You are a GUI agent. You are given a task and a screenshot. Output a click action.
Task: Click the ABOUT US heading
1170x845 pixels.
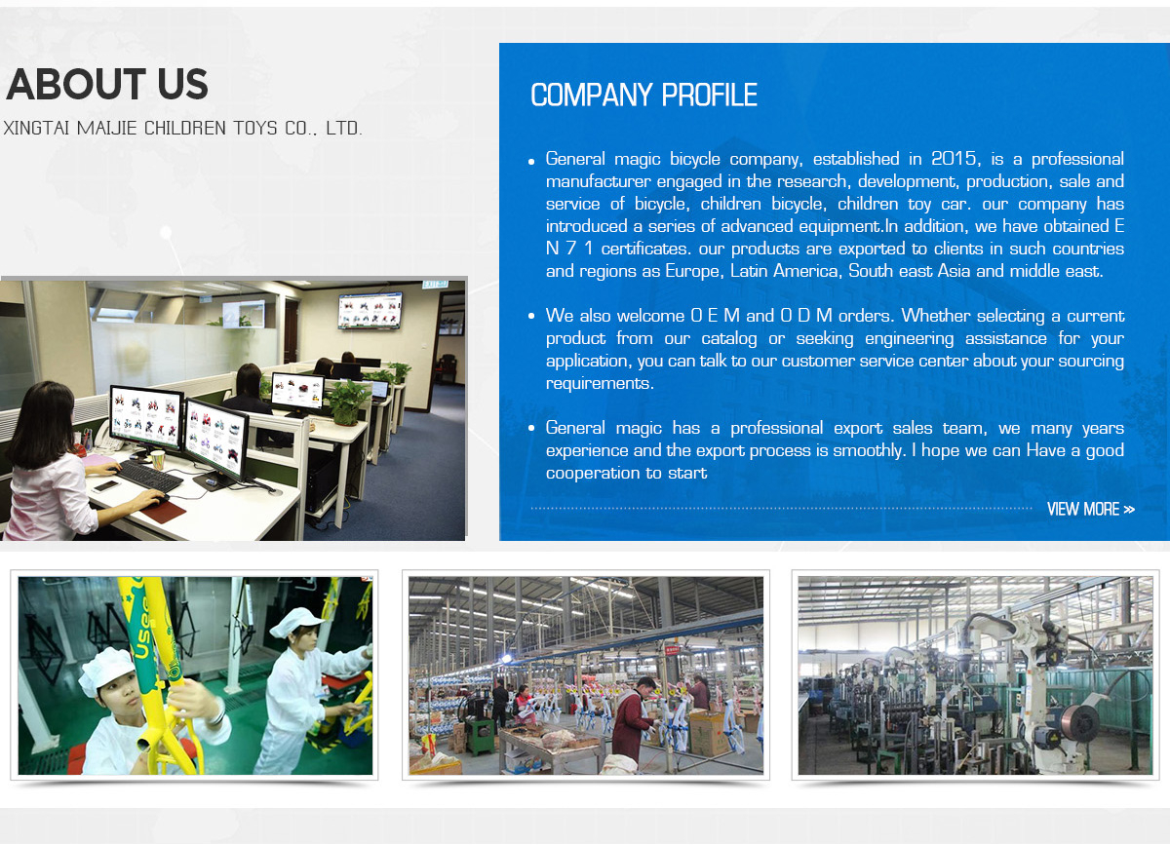click(107, 84)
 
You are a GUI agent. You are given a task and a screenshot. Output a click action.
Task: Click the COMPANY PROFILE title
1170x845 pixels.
click(643, 96)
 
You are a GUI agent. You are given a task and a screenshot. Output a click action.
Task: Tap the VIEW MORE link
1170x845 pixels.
click(1091, 509)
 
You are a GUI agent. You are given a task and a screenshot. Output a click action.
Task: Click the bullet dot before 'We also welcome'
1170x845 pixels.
click(531, 316)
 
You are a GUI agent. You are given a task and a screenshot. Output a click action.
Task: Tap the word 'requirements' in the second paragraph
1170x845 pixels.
click(599, 384)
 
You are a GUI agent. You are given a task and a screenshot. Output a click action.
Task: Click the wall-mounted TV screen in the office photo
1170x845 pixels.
click(370, 311)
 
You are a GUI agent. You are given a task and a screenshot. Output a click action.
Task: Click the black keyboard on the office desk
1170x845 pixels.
click(149, 476)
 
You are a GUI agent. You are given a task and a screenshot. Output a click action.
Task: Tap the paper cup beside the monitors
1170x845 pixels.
click(158, 460)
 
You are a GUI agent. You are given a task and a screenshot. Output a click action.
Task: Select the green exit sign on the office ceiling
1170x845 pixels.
click(435, 285)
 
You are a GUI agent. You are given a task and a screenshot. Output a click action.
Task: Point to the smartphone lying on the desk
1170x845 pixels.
click(106, 486)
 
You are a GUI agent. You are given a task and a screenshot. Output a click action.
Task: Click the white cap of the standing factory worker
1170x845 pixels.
click(295, 622)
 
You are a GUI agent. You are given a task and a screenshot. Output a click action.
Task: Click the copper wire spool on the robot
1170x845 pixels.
click(1079, 724)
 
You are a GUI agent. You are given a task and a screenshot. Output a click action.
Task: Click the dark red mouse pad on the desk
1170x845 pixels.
click(164, 509)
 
